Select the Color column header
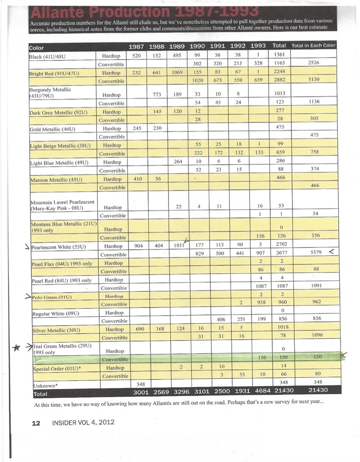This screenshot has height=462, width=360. click(36, 48)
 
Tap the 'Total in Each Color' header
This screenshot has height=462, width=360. click(313, 46)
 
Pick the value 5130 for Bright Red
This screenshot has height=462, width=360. click(314, 79)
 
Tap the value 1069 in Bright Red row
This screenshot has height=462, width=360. click(178, 72)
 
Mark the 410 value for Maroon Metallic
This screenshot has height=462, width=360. click(138, 179)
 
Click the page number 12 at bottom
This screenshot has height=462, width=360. click(36, 423)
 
